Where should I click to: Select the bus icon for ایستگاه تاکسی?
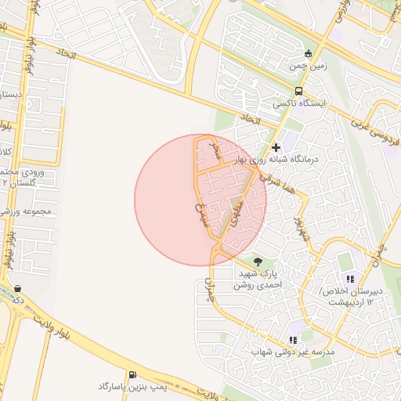298,91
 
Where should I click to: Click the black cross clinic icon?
275,146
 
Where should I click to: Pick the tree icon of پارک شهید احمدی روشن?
258,262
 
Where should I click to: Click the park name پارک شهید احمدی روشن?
262,280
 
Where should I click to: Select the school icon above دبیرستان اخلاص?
350,279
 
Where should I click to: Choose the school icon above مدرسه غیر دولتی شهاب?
292,340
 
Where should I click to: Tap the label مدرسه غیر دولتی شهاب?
292,352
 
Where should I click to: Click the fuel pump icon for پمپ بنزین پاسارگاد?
132,374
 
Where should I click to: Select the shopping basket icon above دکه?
17,287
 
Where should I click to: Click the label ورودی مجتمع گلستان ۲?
20,176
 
